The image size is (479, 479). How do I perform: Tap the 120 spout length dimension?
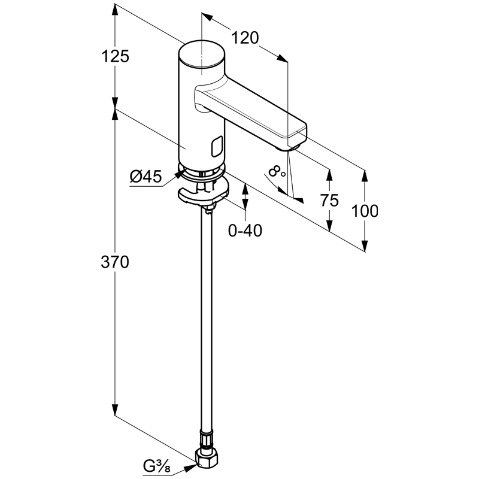(245, 38)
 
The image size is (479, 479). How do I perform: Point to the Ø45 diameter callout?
(145, 176)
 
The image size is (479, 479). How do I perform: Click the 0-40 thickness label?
(245, 230)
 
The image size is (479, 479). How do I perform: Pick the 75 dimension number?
(329, 201)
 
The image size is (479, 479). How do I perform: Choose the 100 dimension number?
(365, 211)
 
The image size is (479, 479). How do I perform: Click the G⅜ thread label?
(156, 464)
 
